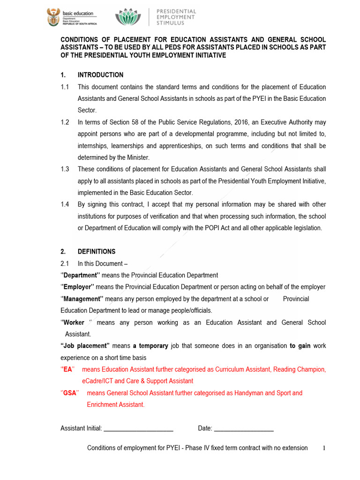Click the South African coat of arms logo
52,17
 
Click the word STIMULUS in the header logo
170,22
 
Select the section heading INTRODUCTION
100,75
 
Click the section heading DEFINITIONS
97,252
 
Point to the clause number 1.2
65,122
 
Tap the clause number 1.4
65,205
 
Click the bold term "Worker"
74,322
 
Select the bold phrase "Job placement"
85,346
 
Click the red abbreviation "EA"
68,369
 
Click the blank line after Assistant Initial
138,428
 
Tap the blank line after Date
244,428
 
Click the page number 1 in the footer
324,448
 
